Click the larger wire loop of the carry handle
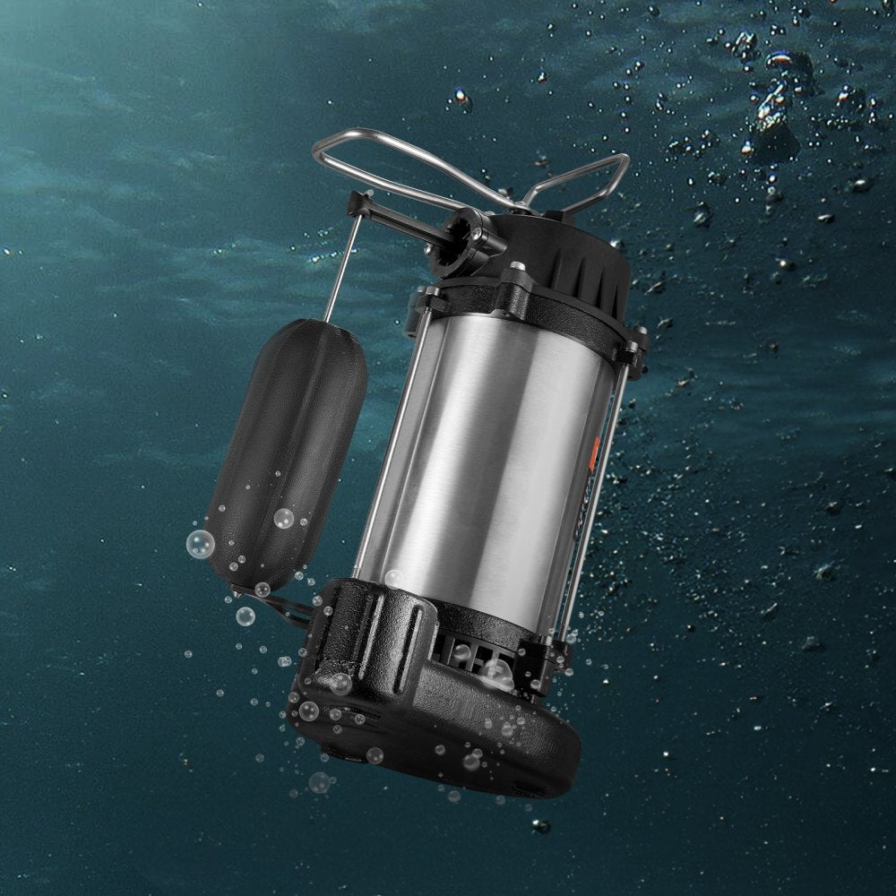click(376, 152)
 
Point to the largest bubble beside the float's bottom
click(201, 544)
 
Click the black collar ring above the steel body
click(538, 305)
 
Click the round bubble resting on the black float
click(284, 518)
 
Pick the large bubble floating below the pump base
click(319, 782)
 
